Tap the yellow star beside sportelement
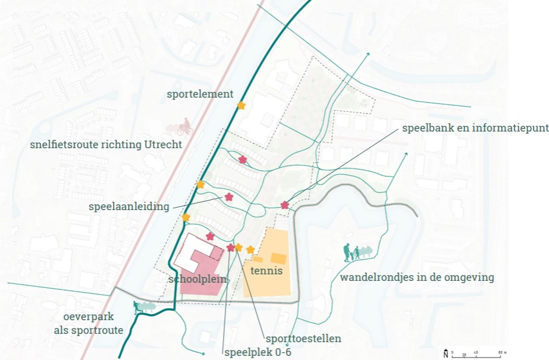click(x=241, y=105)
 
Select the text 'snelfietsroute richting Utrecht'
click(x=105, y=145)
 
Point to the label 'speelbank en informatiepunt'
click(x=475, y=128)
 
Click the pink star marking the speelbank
click(x=284, y=205)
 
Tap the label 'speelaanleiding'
click(x=128, y=207)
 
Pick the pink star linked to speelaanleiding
click(x=228, y=197)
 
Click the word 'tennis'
click(x=266, y=271)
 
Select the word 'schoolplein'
click(x=196, y=280)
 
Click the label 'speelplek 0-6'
click(x=258, y=352)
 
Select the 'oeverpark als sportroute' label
click(x=89, y=324)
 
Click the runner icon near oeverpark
click(x=138, y=307)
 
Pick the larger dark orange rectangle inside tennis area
click(x=278, y=258)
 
